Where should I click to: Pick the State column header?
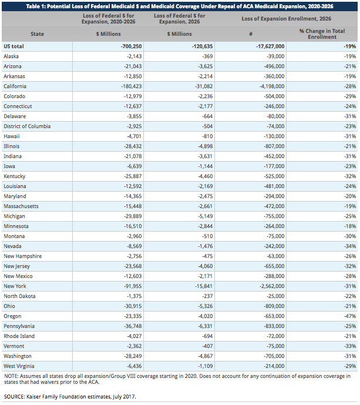[x=37, y=34]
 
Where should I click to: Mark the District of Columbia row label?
[x=25, y=126]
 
